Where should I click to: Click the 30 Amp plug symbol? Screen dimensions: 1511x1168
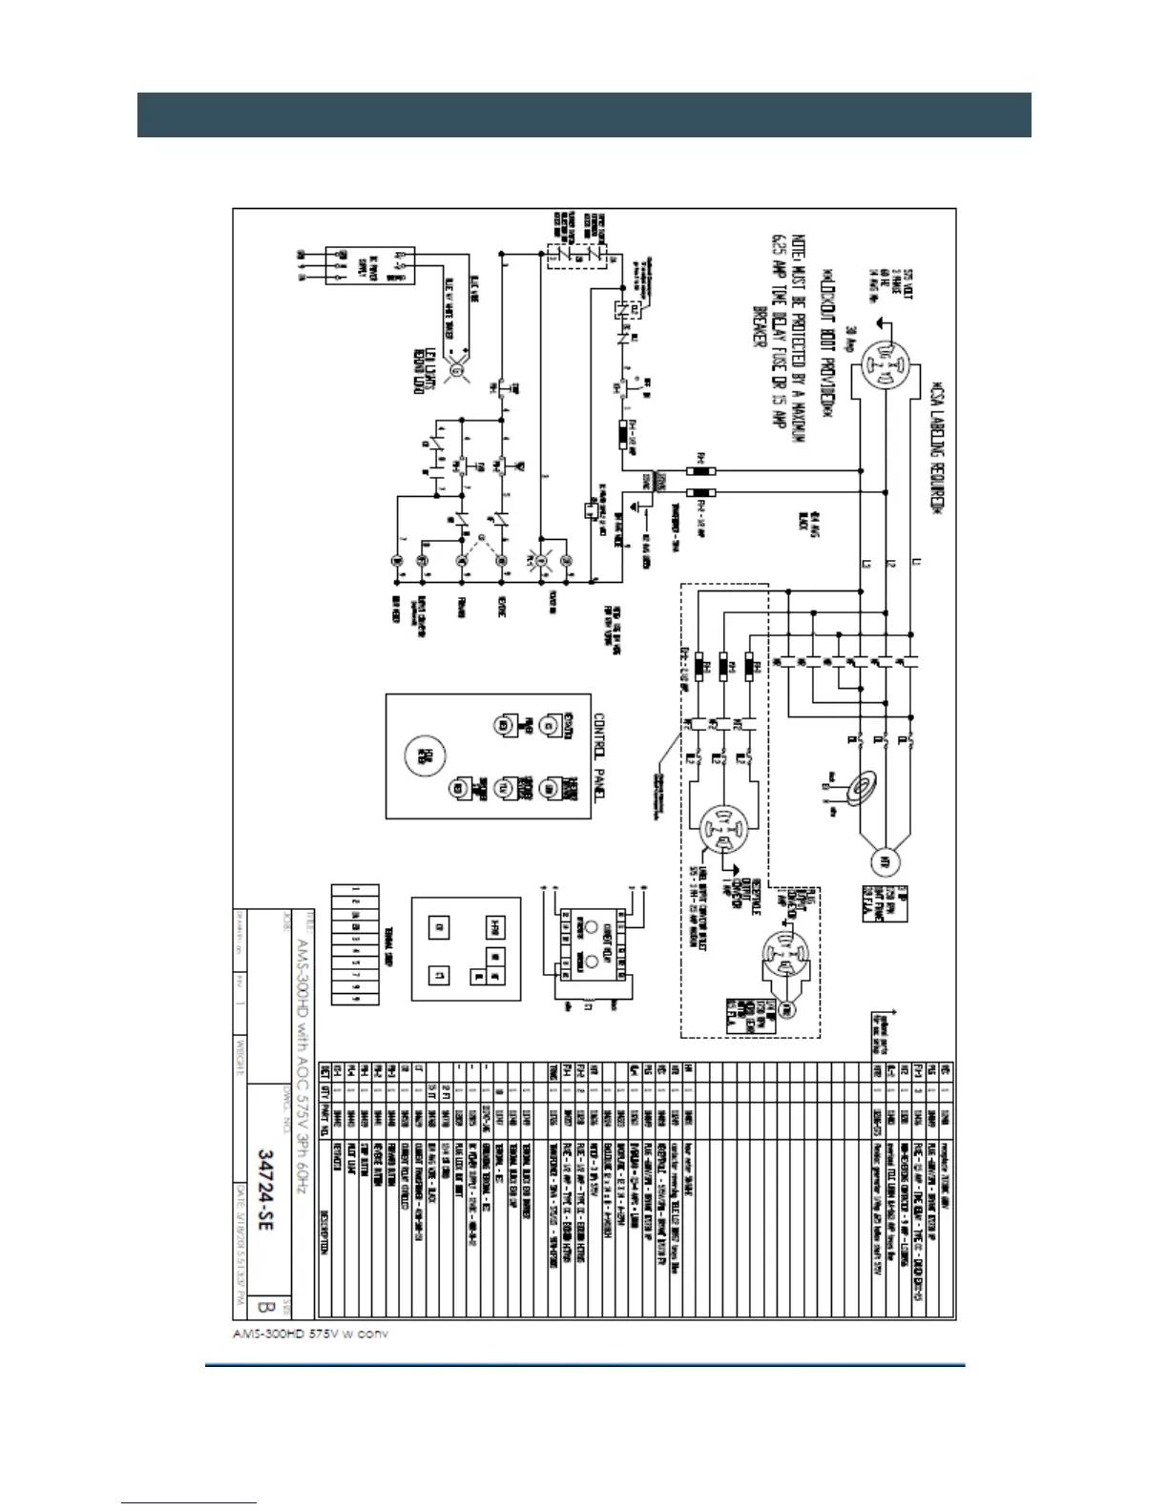886,366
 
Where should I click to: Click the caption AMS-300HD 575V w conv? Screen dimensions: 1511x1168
310,1333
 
